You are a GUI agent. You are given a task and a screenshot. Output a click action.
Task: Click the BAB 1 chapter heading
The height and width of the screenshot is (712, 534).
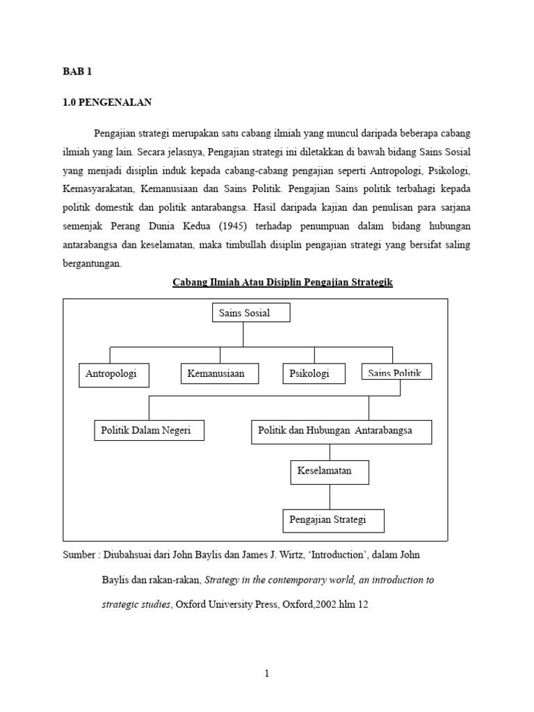(x=77, y=72)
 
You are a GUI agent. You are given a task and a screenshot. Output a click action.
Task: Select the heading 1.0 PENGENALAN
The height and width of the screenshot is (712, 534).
(x=107, y=103)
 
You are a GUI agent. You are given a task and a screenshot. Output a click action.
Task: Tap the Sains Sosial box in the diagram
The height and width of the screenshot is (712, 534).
(x=250, y=314)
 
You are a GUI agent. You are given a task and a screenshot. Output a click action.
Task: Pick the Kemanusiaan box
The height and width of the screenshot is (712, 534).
(x=220, y=374)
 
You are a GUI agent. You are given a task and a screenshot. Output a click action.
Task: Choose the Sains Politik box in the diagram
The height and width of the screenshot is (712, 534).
(x=396, y=373)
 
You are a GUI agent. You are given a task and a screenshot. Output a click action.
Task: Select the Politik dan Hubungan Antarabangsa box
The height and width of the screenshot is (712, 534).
(x=341, y=431)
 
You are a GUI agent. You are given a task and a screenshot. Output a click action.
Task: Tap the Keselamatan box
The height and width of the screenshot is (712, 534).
(x=330, y=471)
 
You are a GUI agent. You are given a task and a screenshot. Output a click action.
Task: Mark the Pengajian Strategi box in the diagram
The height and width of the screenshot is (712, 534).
(x=333, y=520)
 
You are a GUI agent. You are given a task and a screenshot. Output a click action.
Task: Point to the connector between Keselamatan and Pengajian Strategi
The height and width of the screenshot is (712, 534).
(x=330, y=496)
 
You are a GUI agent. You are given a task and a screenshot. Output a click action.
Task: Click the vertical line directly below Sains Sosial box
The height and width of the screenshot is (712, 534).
(x=243, y=334)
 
